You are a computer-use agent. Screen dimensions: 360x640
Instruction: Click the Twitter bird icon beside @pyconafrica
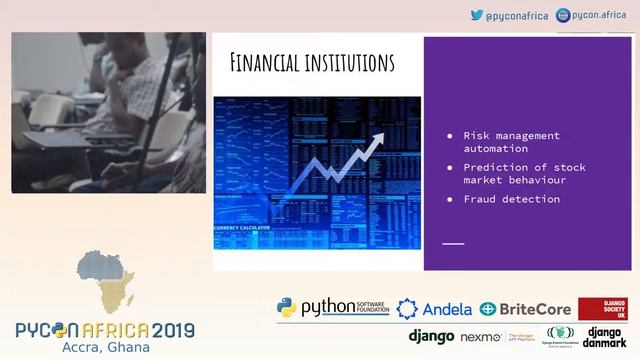click(477, 15)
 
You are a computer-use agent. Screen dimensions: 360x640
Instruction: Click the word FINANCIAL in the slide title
click(264, 62)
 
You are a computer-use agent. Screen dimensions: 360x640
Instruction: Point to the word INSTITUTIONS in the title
click(346, 62)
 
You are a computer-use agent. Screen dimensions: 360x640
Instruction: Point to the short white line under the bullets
click(453, 243)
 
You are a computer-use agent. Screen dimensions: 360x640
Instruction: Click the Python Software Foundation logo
click(319, 308)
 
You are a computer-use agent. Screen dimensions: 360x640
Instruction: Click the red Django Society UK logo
click(602, 309)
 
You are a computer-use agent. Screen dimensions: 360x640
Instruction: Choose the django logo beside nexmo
click(430, 337)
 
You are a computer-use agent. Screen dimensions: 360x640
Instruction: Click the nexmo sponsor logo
click(479, 337)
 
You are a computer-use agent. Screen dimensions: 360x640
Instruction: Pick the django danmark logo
click(603, 337)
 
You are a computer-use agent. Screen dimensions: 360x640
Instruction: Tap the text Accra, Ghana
click(105, 347)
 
